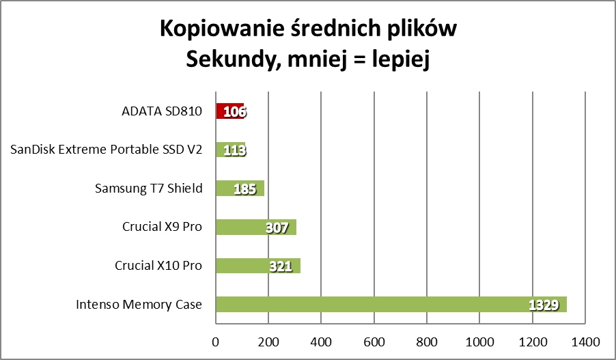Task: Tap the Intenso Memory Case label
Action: pos(139,305)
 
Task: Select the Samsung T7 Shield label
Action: pos(149,188)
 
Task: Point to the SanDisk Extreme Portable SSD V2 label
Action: pos(107,150)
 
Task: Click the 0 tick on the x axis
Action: pos(216,340)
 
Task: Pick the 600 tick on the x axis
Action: pos(374,340)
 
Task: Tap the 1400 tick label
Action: pos(585,340)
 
